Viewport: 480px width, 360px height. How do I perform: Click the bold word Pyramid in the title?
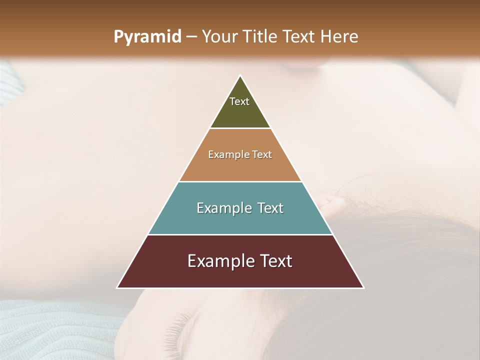coord(147,37)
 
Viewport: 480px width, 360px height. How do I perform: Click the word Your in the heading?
coord(218,37)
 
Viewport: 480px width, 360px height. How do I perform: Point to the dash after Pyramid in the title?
coord(191,37)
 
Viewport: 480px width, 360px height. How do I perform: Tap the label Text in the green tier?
coord(239,101)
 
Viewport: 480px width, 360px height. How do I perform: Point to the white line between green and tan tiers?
coord(240,128)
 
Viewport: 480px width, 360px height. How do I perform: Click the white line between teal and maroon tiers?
coord(240,234)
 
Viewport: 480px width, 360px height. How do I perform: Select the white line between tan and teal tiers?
coord(240,181)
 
